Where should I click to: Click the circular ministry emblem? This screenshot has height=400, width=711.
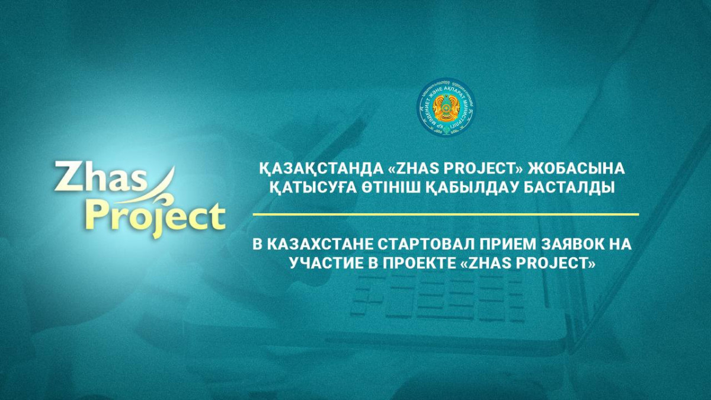[x=446, y=107]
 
